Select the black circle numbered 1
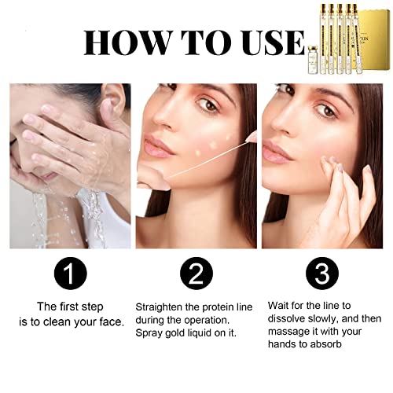point(70,274)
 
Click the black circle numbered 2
point(196,274)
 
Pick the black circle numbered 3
point(322,274)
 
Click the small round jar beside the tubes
point(314,60)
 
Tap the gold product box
point(374,42)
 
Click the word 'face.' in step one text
point(112,321)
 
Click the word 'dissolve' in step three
point(287,318)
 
